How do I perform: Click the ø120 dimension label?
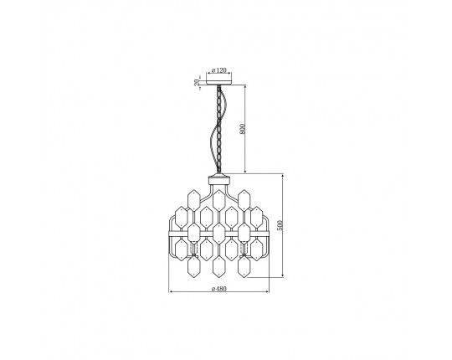coord(219,70)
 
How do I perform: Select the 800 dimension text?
coord(242,129)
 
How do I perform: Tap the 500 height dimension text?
coord(280,225)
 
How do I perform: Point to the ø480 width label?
coord(219,289)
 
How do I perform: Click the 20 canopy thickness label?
coord(197,83)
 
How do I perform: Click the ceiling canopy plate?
coord(218,82)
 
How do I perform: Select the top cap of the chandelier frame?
coord(219,180)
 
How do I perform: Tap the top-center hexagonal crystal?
coord(219,200)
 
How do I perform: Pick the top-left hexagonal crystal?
coord(193,200)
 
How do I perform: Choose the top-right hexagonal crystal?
coord(244,200)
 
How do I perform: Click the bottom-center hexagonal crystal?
coord(219,267)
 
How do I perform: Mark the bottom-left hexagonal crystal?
coord(193,267)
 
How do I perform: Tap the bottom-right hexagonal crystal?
coord(244,267)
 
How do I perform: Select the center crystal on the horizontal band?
coord(219,234)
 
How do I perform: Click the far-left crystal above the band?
coord(181,217)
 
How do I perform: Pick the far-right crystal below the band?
coord(257,250)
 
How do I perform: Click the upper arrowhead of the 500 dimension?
coord(283,177)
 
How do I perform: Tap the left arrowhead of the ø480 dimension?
coord(172,291)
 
